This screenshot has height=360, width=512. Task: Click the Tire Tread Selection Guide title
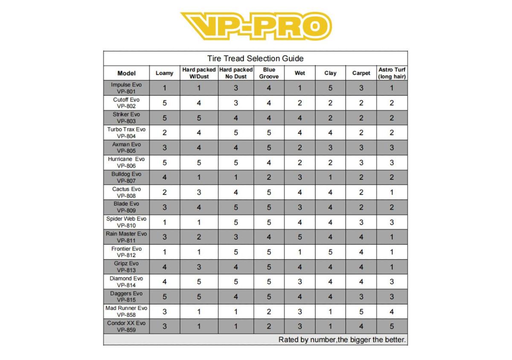(255, 58)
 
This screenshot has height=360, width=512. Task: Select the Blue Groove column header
(269, 73)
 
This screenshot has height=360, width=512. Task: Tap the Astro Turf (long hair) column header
(392, 73)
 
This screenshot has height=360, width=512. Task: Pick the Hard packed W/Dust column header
(199, 73)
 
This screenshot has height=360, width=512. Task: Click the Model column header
(126, 73)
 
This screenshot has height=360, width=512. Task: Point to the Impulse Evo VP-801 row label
(126, 88)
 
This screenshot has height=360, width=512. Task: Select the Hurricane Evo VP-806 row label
(126, 163)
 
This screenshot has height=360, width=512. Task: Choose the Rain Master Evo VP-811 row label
(126, 237)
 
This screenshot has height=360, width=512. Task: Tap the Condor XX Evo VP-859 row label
(126, 326)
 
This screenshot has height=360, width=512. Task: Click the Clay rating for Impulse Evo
(330, 88)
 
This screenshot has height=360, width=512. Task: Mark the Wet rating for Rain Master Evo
(300, 237)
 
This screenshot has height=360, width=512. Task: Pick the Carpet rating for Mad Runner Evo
(361, 312)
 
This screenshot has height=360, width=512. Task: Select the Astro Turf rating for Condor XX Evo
(392, 327)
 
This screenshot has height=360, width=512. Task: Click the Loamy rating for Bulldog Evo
(165, 177)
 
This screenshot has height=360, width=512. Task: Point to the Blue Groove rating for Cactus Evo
(269, 192)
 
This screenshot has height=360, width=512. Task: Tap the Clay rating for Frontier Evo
(330, 252)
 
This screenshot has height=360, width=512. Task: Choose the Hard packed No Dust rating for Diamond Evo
(236, 282)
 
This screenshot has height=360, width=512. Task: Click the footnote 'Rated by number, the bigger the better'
(342, 340)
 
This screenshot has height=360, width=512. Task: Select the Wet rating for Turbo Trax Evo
(300, 133)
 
